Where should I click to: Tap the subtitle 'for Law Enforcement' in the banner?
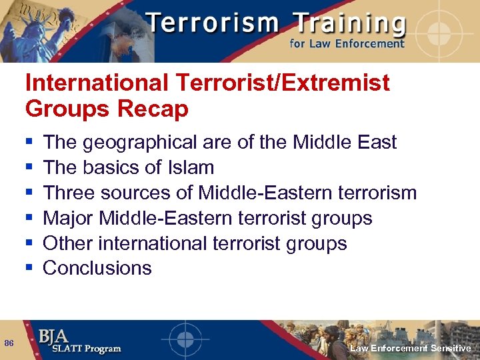[347, 44]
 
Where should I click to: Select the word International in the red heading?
[97, 83]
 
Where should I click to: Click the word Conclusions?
[97, 268]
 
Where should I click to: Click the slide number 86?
[9, 343]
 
